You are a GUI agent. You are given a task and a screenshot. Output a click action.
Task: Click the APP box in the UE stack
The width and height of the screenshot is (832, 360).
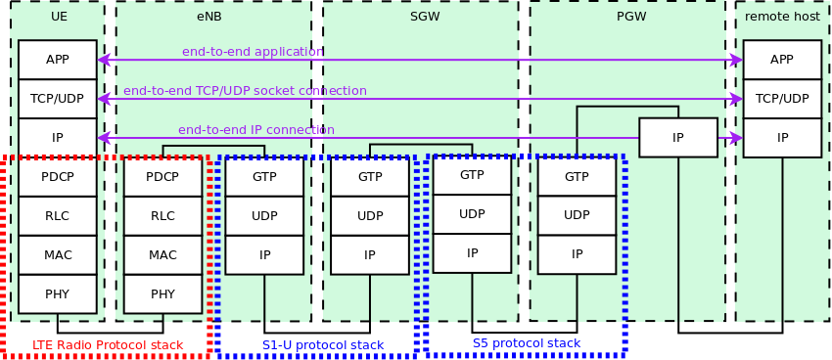pyautogui.click(x=57, y=60)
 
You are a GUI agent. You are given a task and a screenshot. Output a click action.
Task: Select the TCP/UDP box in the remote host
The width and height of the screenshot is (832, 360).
pyautogui.click(x=781, y=99)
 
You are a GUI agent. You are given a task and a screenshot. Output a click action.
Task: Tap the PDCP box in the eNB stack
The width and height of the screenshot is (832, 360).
pyautogui.click(x=162, y=177)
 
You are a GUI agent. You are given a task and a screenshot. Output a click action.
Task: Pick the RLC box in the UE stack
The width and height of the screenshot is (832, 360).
pyautogui.click(x=57, y=216)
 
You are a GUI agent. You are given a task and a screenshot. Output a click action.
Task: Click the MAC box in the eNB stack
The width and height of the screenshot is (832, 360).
pyautogui.click(x=162, y=255)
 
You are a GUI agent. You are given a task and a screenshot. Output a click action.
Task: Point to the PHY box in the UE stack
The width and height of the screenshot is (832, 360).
pyautogui.click(x=57, y=293)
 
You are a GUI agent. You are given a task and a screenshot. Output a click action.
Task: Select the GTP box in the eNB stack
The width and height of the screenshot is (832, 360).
pyautogui.click(x=264, y=177)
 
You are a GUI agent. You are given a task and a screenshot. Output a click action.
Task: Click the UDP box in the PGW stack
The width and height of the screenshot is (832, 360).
pyautogui.click(x=577, y=215)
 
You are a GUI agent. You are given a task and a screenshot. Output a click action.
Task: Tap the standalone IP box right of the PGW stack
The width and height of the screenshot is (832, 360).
pyautogui.click(x=677, y=138)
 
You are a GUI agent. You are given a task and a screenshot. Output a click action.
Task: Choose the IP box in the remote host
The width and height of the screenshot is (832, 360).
pyautogui.click(x=781, y=138)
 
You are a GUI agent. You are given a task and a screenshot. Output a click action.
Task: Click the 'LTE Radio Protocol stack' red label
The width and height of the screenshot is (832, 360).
pyautogui.click(x=108, y=345)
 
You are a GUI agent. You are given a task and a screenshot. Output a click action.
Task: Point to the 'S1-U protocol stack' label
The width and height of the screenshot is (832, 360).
pyautogui.click(x=323, y=345)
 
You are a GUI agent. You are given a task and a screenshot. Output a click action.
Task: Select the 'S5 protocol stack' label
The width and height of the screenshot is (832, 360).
pyautogui.click(x=526, y=343)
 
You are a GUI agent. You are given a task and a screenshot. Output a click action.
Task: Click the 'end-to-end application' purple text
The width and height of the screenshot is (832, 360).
pyautogui.click(x=253, y=52)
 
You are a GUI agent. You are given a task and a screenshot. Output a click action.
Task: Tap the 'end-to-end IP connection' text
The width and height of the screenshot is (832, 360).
pyautogui.click(x=256, y=130)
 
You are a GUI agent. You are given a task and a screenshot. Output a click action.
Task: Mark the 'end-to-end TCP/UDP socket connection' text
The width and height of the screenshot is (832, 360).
pyautogui.click(x=245, y=91)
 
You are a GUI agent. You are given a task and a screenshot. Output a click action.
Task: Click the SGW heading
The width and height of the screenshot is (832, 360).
pyautogui.click(x=425, y=17)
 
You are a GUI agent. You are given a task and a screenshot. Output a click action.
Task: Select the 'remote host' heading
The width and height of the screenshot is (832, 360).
pyautogui.click(x=782, y=17)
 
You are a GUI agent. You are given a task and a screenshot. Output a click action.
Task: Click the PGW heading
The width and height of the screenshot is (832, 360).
pyautogui.click(x=631, y=17)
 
